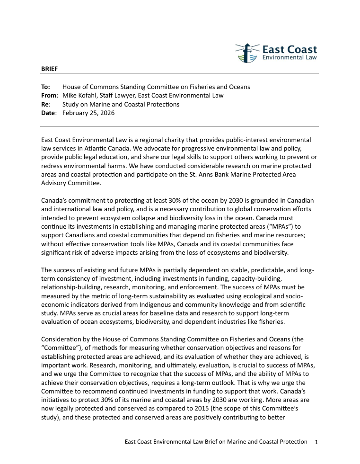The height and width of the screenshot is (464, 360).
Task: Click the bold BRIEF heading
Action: (x=49, y=69)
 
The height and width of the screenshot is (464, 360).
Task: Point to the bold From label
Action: (x=48, y=95)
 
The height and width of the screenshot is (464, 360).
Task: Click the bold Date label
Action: (x=48, y=113)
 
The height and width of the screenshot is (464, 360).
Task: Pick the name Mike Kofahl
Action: (x=80, y=95)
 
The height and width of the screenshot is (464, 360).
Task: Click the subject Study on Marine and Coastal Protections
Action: (x=121, y=104)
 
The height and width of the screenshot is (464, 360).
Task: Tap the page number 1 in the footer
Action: (x=316, y=442)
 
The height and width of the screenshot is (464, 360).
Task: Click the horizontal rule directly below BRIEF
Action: (x=180, y=73)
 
